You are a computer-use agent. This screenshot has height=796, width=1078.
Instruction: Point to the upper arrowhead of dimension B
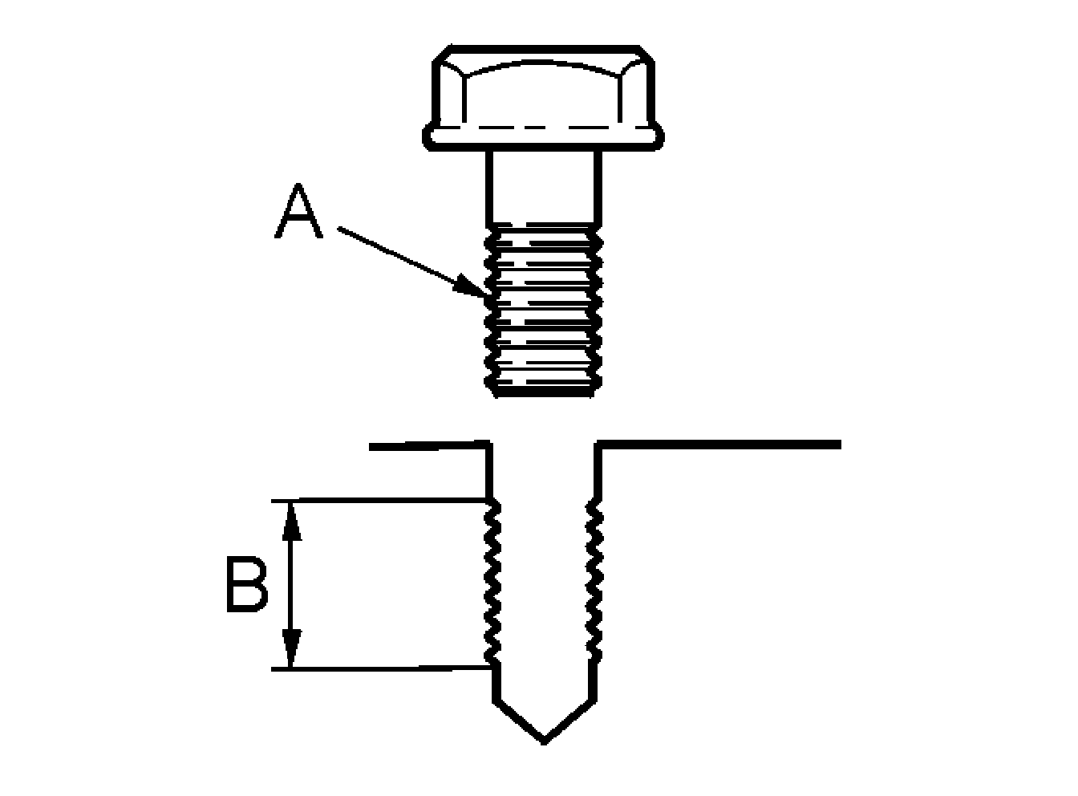coord(292,518)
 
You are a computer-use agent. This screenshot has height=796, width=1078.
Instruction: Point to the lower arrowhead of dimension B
coord(292,652)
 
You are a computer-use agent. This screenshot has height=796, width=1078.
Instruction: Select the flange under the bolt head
coord(545,137)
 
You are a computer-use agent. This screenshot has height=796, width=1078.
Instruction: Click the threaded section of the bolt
coord(544,313)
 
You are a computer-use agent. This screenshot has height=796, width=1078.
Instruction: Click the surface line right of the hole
coord(722,443)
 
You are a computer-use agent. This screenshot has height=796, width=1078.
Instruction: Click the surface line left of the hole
coord(425,443)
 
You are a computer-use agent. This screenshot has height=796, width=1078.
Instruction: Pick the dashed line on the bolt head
coord(545,128)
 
